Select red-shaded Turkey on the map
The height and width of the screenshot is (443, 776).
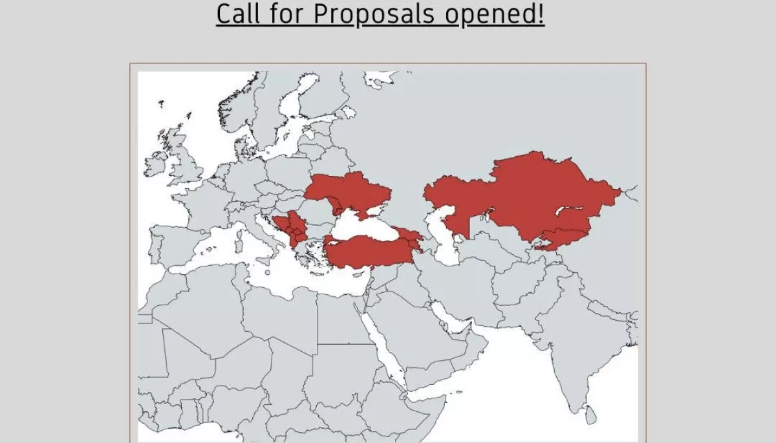[369, 252]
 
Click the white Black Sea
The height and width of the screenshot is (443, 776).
[362, 226]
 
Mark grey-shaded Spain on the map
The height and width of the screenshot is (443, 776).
[171, 243]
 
